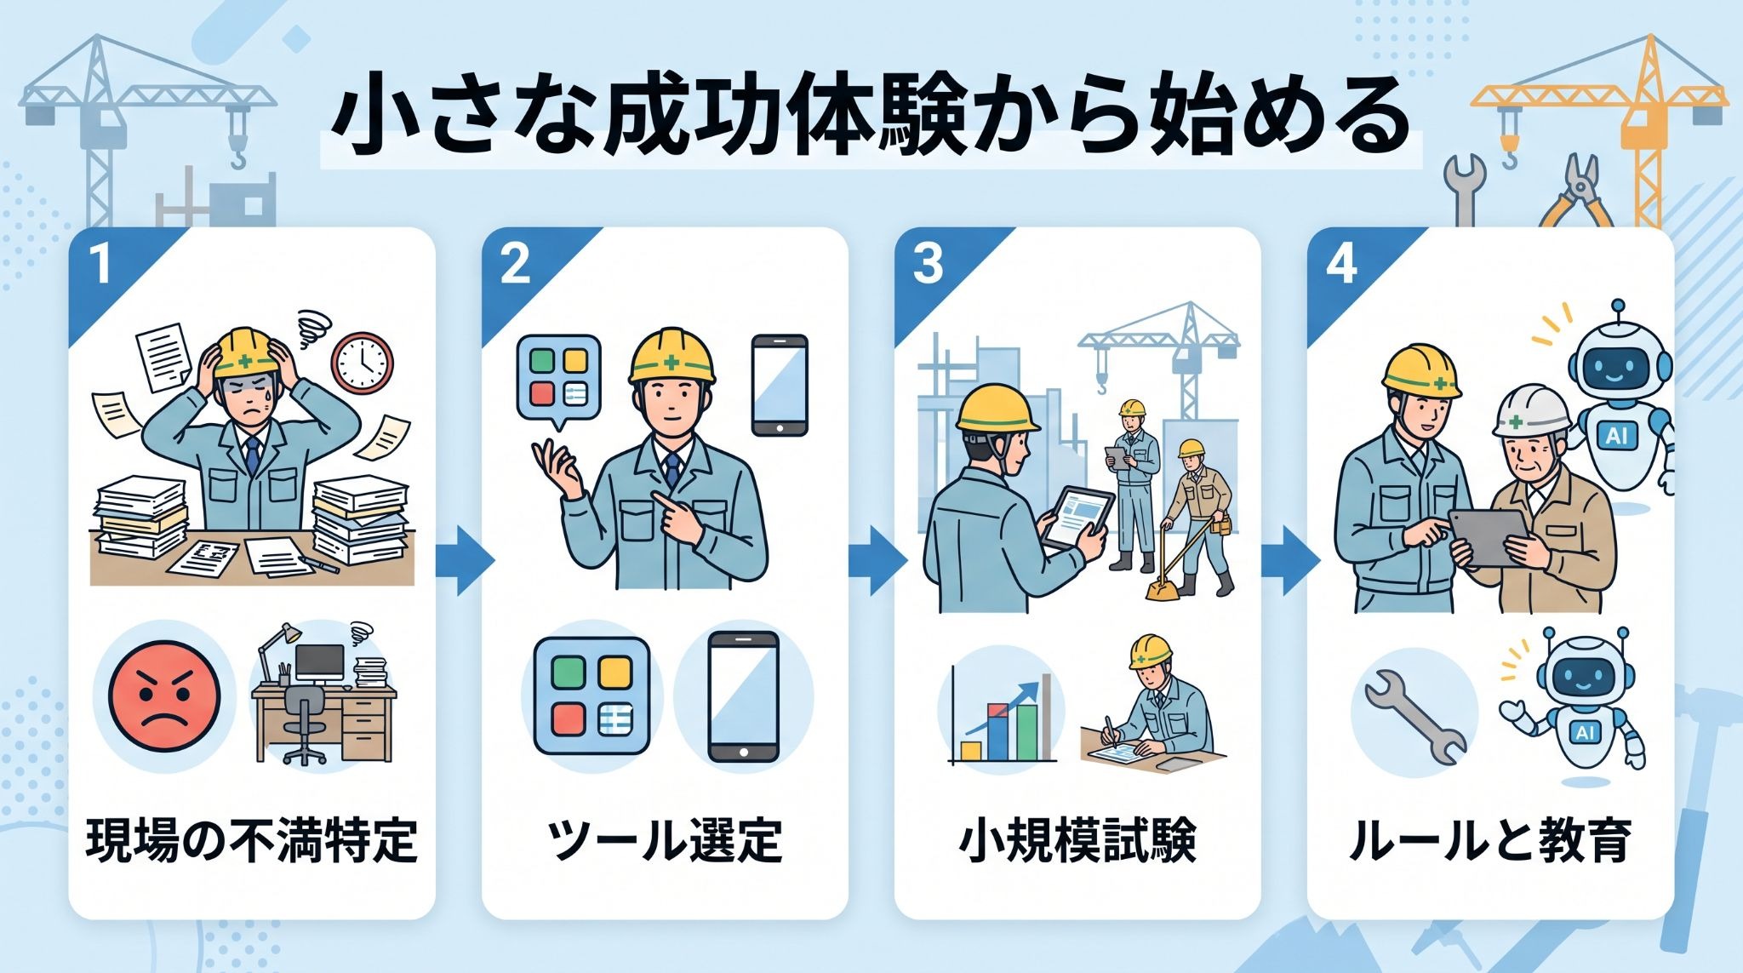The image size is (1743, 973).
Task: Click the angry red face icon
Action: point(164,695)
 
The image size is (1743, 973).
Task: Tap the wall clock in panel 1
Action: point(363,362)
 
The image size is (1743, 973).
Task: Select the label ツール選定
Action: point(665,841)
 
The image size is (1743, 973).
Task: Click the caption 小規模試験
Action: point(1077,841)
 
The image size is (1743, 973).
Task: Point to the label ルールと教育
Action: point(1490,841)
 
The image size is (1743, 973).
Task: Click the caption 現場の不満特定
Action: point(252,841)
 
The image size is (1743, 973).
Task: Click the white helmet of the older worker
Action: point(1532,410)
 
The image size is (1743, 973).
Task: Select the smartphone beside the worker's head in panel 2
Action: point(779,385)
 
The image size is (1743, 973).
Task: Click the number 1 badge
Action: point(100,263)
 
